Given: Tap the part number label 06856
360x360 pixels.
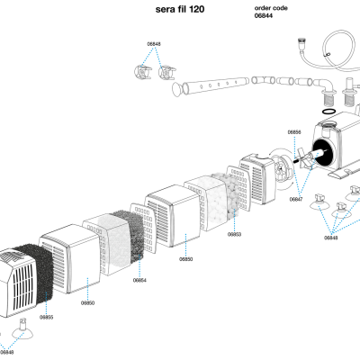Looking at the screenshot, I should tap(294, 132).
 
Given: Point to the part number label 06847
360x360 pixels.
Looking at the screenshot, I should tap(296, 199).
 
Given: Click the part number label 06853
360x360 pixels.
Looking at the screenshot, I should tap(234, 234).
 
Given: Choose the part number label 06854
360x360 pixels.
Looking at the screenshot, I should tap(139, 281).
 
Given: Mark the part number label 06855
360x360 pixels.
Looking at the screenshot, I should tap(46, 317).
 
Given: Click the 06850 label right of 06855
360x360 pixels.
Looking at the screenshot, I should tap(87, 303).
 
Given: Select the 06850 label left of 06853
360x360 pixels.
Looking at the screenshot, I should tap(185, 258).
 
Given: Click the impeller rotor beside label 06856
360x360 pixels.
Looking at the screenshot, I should tap(306, 162).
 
